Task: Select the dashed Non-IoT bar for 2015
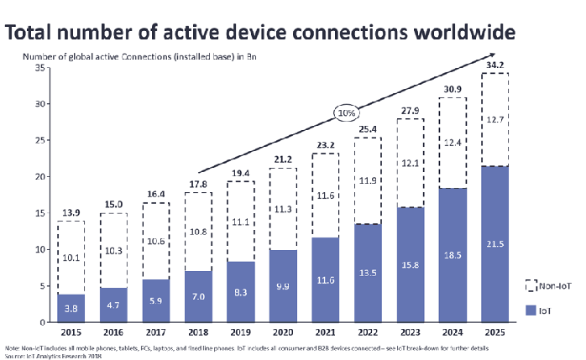click(x=71, y=258)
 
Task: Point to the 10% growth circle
click(x=345, y=112)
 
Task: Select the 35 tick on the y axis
click(x=38, y=68)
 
